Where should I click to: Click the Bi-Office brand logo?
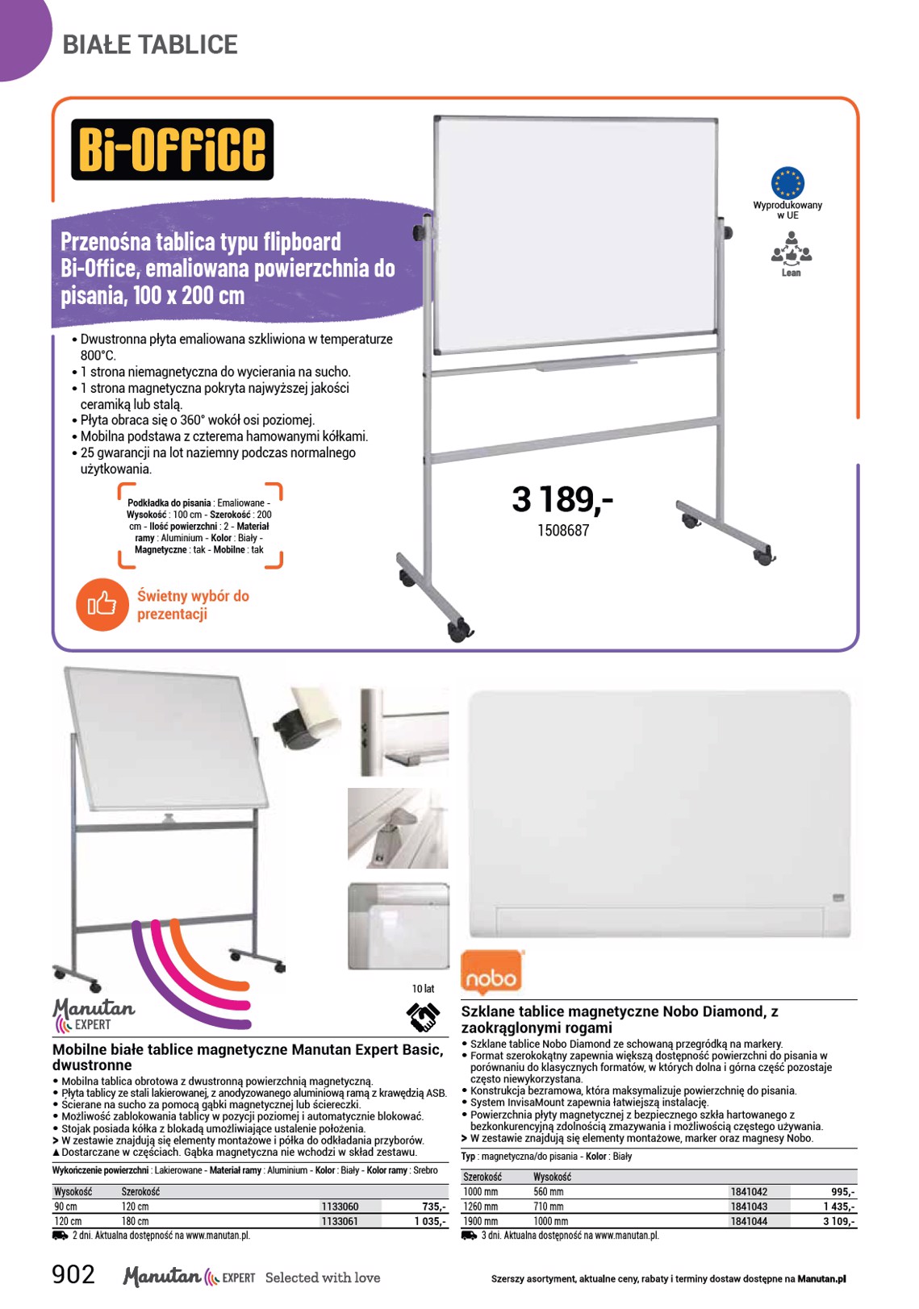tap(172, 149)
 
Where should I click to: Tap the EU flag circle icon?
tap(787, 183)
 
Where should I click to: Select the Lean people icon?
tap(791, 249)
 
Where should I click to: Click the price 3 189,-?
tap(562, 499)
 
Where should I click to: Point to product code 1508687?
tap(563, 531)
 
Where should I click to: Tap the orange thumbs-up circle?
tap(102, 604)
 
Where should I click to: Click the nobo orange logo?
tap(491, 972)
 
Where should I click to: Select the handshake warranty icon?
tap(423, 1017)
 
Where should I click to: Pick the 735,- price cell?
tap(434, 1206)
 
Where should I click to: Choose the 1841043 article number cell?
tap(748, 1206)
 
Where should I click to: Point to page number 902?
tap(73, 1274)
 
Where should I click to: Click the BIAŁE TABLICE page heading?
tap(150, 44)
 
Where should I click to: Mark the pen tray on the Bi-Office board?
tap(585, 363)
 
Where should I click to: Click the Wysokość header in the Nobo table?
tap(552, 1177)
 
